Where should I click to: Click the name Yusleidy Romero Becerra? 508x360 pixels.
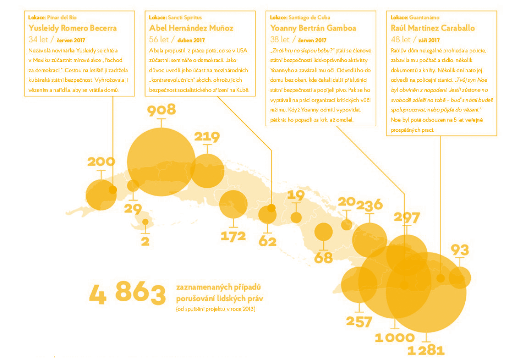pyautogui.click(x=72, y=28)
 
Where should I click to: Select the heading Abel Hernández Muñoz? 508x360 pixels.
pyautogui.click(x=191, y=28)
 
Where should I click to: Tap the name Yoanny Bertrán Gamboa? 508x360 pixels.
pyautogui.click(x=313, y=28)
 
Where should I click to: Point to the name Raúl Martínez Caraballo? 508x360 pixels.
pyautogui.click(x=433, y=28)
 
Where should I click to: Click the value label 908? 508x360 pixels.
pyautogui.click(x=161, y=110)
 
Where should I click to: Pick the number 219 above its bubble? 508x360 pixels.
pyautogui.click(x=207, y=137)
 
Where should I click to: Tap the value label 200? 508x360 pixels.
pyautogui.click(x=101, y=161)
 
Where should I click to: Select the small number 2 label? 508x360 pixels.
pyautogui.click(x=145, y=241)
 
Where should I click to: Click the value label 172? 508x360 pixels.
pyautogui.click(x=233, y=236)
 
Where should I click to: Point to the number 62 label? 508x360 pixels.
pyautogui.click(x=268, y=242)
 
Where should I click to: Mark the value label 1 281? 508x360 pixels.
pyautogui.click(x=426, y=350)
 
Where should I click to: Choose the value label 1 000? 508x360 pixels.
pyautogui.click(x=395, y=338)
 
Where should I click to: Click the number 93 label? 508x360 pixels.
pyautogui.click(x=460, y=249)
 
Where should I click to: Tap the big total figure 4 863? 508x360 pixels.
pyautogui.click(x=127, y=294)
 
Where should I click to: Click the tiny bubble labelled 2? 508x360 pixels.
pyautogui.click(x=145, y=222)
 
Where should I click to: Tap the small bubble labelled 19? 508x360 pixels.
pyautogui.click(x=296, y=217)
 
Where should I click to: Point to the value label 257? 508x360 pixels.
pyautogui.click(x=359, y=321)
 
